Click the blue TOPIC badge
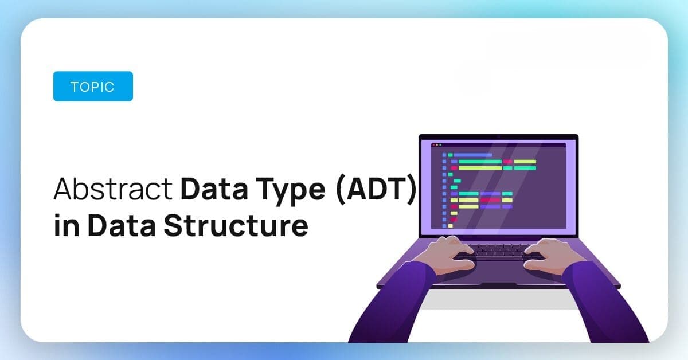coord(93,87)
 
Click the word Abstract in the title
coord(113,189)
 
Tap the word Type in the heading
coord(290,190)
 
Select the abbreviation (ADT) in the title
coord(376,189)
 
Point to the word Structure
coord(236,225)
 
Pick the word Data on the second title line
coord(122,225)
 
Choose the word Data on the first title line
coord(214,189)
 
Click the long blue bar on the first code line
coord(473,155)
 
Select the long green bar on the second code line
coord(480,162)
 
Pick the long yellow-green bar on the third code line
coord(480,168)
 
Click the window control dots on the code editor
coord(437,145)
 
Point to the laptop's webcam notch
coord(498,136)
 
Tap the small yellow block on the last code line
coord(451,226)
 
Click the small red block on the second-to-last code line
coord(454,220)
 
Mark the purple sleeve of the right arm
coord(605,304)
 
